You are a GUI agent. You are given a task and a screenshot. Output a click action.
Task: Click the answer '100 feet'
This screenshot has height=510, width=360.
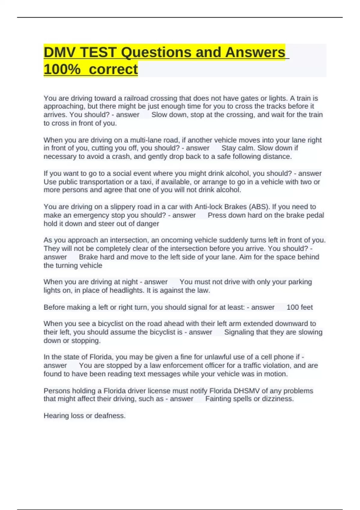[x=299, y=307]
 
